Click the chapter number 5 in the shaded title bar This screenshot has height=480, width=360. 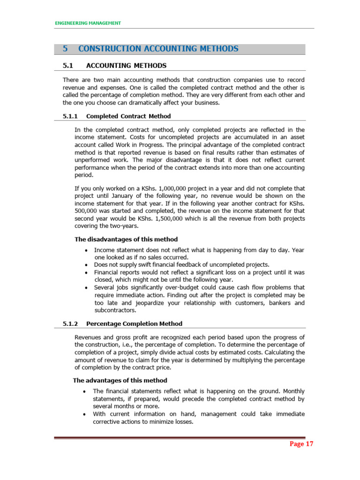point(66,49)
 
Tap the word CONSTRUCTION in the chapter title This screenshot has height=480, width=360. point(110,49)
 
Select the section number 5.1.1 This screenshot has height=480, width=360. point(71,116)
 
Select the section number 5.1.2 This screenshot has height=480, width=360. point(71,323)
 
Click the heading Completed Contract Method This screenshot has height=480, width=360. point(129,116)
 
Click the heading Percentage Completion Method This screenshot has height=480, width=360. point(135,323)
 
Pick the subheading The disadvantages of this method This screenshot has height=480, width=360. point(126,239)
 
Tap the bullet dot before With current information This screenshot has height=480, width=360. point(83,414)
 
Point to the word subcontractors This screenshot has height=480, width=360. point(115,310)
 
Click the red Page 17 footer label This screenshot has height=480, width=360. point(300,444)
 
